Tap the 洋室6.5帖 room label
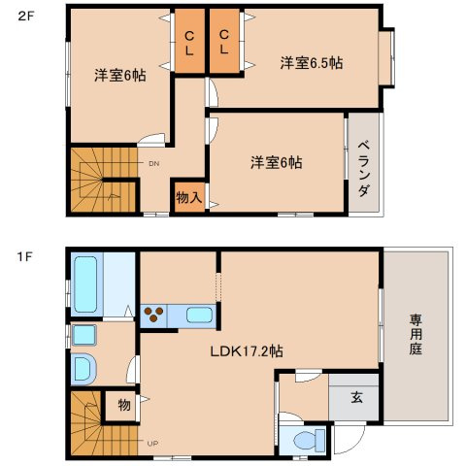pyautogui.click(x=311, y=63)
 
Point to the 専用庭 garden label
pyautogui.click(x=416, y=334)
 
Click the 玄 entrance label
pyautogui.click(x=356, y=396)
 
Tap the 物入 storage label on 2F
pyautogui.click(x=188, y=197)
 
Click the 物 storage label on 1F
pyautogui.click(x=124, y=403)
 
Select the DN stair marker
pyautogui.click(x=153, y=164)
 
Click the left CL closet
pyautogui.click(x=189, y=43)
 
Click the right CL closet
pyautogui.click(x=224, y=43)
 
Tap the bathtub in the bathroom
pyautogui.click(x=85, y=283)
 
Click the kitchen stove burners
pyautogui.click(x=153, y=315)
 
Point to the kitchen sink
pyautogui.click(x=199, y=315)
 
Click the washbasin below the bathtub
pyautogui.click(x=83, y=336)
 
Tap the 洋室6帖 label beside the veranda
pyautogui.click(x=276, y=162)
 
